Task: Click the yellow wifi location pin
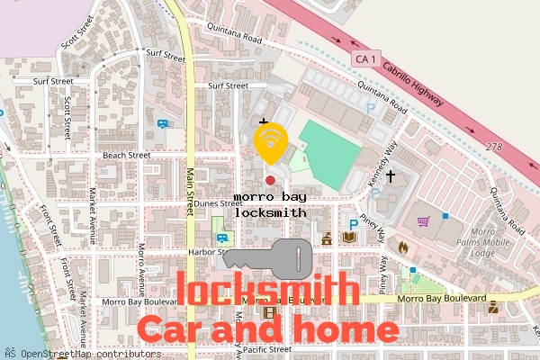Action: pyautogui.click(x=270, y=141)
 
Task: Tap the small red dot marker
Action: pyautogui.click(x=270, y=181)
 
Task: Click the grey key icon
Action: pyautogui.click(x=267, y=259)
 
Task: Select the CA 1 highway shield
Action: pyautogui.click(x=364, y=58)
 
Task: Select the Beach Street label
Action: pyautogui.click(x=126, y=155)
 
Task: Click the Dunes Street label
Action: pyautogui.click(x=219, y=203)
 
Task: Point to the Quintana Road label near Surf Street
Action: pyautogui.click(x=233, y=39)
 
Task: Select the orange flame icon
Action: pyautogui.click(x=402, y=245)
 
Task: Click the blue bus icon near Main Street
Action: pyautogui.click(x=163, y=125)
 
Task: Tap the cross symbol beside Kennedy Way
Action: pyautogui.click(x=391, y=177)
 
